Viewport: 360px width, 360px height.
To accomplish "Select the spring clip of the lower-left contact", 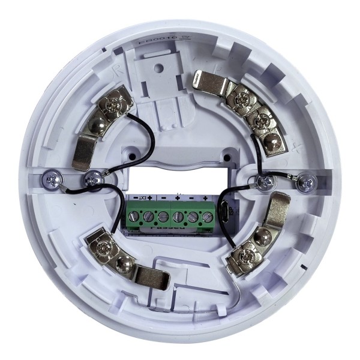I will pos(149,276).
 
